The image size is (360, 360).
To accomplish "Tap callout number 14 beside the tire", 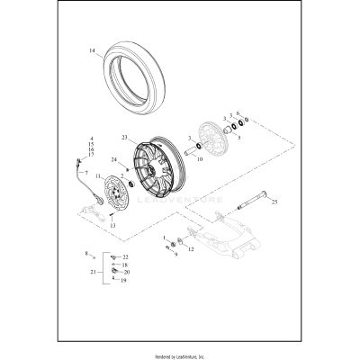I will [91, 51].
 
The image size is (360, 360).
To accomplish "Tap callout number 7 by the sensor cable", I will [86, 172].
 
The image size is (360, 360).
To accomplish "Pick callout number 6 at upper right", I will [238, 113].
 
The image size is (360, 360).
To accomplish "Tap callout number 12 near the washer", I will [190, 247].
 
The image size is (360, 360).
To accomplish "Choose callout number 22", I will [126, 257].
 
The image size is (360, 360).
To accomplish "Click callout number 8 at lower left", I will [88, 254].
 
